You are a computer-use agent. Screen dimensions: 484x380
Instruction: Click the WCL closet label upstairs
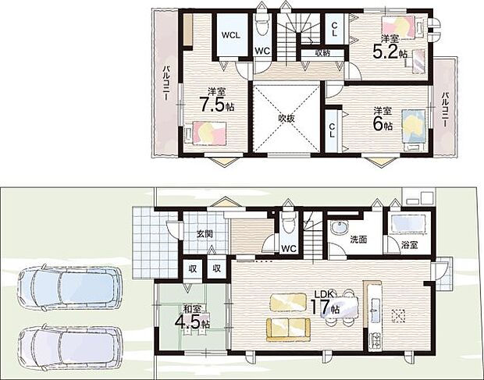(x=230, y=35)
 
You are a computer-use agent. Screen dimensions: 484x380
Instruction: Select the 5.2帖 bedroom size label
(x=390, y=51)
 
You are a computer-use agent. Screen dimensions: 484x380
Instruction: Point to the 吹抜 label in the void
(x=286, y=118)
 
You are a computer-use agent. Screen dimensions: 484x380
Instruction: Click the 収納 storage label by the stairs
(x=322, y=53)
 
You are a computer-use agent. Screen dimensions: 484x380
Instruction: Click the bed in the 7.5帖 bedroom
(x=205, y=133)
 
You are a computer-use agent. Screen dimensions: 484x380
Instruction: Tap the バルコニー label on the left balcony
(x=165, y=83)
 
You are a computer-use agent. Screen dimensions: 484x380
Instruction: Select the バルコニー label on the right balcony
(x=444, y=109)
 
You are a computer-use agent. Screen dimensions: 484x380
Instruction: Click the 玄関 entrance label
(x=205, y=234)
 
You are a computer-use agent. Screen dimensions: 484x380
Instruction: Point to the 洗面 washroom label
(x=358, y=240)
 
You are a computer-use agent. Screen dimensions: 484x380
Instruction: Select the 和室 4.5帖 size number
(x=188, y=321)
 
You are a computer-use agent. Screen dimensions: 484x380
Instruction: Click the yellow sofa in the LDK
(x=288, y=330)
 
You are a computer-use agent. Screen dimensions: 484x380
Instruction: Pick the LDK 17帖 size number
(x=320, y=307)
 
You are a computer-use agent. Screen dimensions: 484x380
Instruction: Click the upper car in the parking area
(x=69, y=287)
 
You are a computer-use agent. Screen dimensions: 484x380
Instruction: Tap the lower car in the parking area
(x=70, y=347)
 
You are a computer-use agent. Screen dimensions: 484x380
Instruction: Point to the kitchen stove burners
(x=375, y=340)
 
